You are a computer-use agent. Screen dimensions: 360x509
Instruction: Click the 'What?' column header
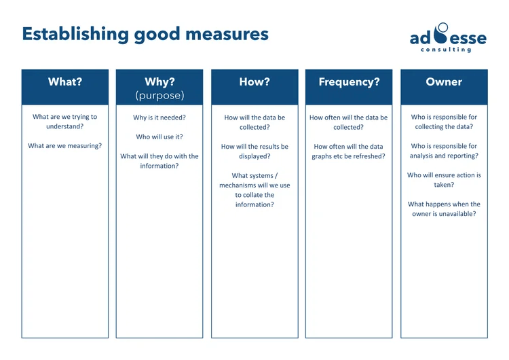(64, 82)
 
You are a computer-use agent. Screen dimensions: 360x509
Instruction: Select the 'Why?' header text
(159, 82)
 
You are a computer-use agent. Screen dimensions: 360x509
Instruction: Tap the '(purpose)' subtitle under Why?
(159, 95)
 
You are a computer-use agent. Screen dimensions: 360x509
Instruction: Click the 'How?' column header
(254, 82)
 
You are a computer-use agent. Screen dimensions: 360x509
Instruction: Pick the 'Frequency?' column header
(349, 82)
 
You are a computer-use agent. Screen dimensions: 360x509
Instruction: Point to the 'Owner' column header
(444, 82)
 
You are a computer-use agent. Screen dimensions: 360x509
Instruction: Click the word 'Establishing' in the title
(75, 34)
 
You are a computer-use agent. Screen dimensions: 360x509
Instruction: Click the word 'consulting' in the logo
(446, 50)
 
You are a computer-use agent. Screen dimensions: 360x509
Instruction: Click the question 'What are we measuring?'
(64, 145)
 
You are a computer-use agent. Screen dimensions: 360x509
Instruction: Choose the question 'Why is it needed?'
(159, 118)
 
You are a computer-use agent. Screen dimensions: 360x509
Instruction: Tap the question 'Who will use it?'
(159, 137)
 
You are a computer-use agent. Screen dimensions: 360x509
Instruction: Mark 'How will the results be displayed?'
(254, 151)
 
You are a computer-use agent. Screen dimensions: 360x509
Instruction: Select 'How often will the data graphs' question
(349, 151)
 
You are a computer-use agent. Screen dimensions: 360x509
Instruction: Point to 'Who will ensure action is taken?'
(444, 179)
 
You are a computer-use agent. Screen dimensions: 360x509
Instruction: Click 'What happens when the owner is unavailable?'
(444, 209)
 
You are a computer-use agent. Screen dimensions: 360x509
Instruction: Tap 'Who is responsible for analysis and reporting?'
(444, 151)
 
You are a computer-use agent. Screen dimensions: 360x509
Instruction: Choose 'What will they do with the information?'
(159, 161)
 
